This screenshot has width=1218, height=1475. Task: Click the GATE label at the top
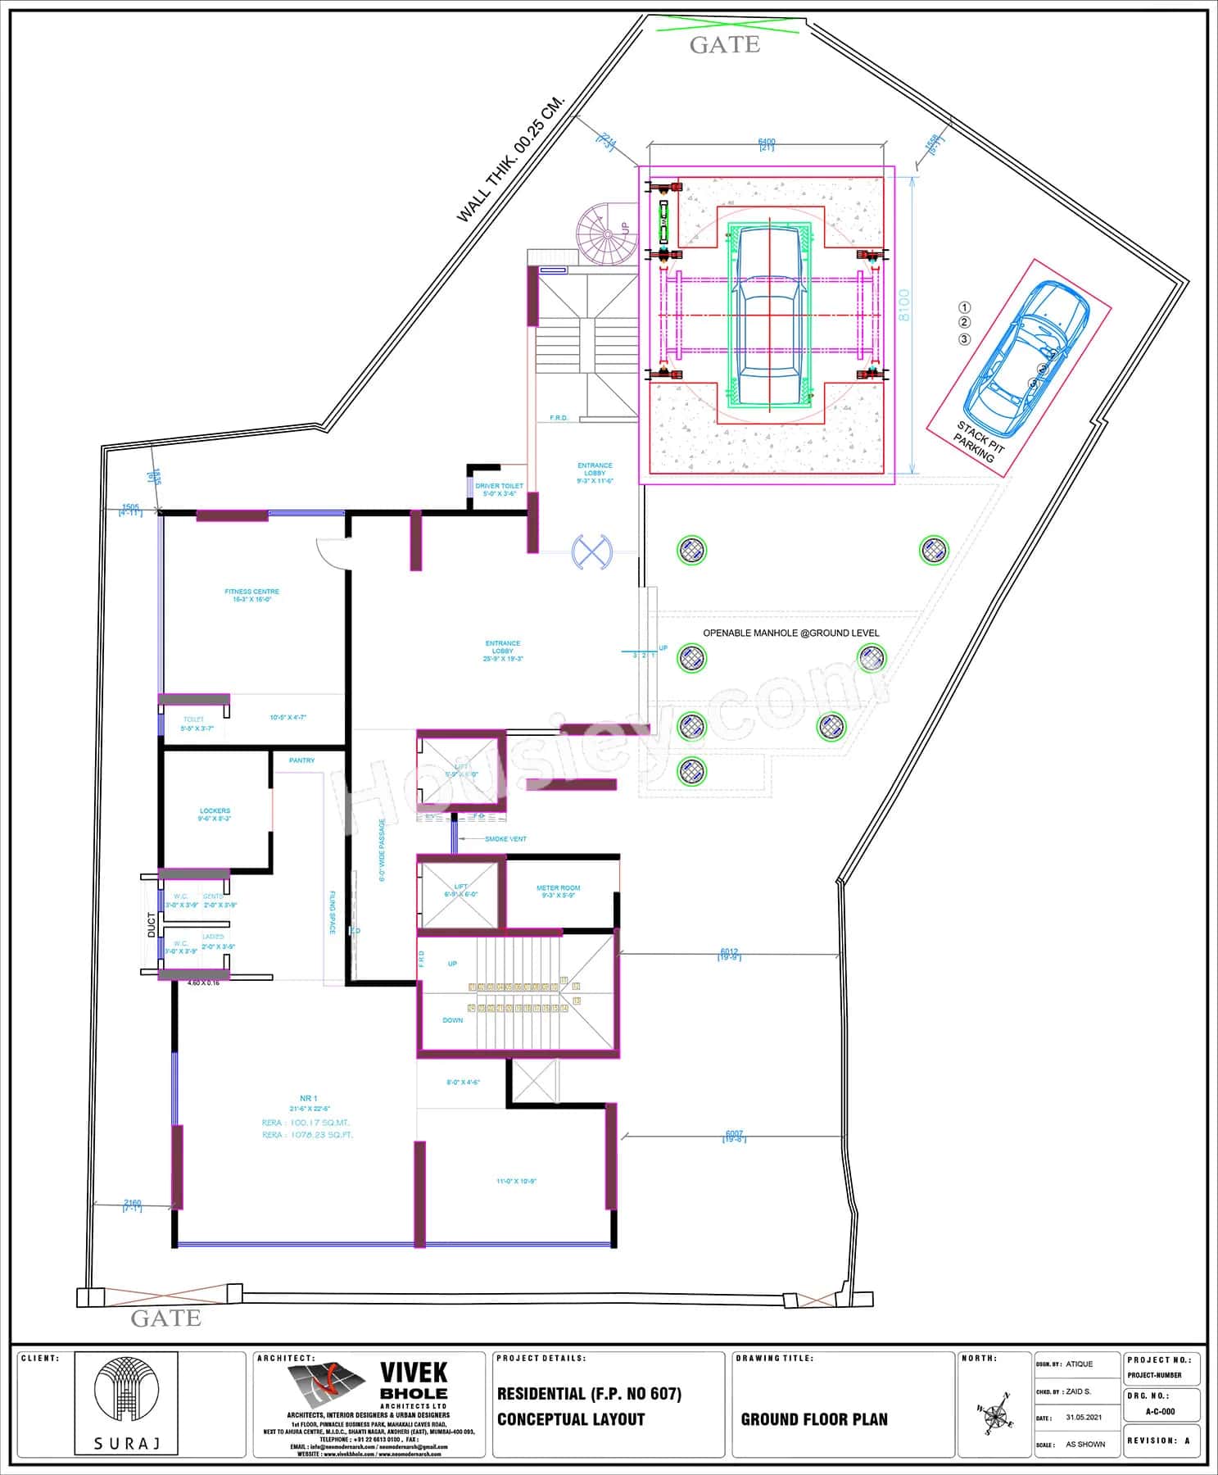[724, 45]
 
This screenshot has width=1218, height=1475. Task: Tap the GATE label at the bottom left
[165, 1318]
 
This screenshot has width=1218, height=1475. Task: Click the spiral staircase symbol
[606, 234]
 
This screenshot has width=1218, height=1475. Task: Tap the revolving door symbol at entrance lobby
[591, 550]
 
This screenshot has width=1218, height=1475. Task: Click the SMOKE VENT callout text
[505, 839]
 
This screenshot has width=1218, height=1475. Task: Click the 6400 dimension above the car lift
[767, 143]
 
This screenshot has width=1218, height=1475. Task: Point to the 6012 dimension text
[729, 953]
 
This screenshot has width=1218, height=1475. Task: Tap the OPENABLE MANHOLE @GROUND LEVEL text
[790, 633]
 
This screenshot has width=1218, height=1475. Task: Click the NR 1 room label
[308, 1098]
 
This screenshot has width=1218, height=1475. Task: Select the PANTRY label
[301, 760]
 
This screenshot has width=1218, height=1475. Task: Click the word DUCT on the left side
[151, 924]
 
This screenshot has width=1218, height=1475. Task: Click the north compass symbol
[994, 1414]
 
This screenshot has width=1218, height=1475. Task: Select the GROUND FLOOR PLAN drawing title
[813, 1419]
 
